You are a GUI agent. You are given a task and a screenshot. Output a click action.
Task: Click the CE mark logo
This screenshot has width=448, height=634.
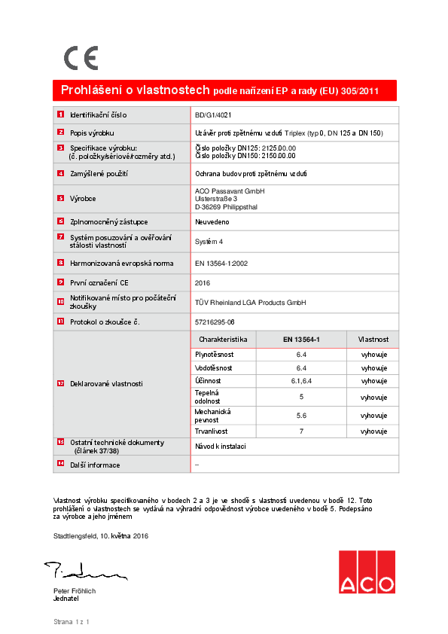point(81,58)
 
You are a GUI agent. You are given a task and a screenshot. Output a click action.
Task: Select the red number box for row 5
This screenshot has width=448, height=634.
point(60,198)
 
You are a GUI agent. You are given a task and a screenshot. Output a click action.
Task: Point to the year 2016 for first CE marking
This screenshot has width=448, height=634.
point(203,282)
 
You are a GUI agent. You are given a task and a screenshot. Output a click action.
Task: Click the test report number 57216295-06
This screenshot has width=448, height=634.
point(215,322)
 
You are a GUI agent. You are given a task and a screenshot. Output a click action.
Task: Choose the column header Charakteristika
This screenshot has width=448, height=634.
point(223,340)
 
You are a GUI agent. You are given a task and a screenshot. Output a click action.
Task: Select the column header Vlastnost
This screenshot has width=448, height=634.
point(373,340)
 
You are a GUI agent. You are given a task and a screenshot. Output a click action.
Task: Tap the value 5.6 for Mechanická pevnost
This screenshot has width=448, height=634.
point(301,416)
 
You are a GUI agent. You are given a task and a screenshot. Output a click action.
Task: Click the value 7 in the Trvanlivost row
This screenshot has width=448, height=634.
point(301,431)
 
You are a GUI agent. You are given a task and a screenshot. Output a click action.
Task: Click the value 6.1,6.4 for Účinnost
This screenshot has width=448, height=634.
point(301,381)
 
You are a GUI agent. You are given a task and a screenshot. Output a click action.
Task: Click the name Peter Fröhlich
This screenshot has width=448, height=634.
point(75,591)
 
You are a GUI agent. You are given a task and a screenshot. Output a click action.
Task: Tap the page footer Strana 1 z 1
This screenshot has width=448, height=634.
point(72,622)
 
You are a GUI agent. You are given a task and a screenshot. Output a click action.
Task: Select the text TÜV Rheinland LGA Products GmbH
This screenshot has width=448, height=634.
point(250,302)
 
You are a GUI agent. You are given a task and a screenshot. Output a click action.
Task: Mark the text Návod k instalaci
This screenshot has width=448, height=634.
point(220,447)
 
